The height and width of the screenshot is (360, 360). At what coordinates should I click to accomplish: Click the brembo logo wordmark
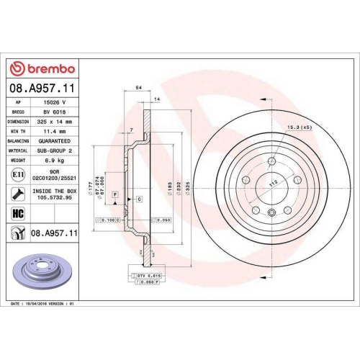click(x=47, y=68)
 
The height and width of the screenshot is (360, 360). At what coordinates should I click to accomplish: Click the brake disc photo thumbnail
click(x=44, y=271)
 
